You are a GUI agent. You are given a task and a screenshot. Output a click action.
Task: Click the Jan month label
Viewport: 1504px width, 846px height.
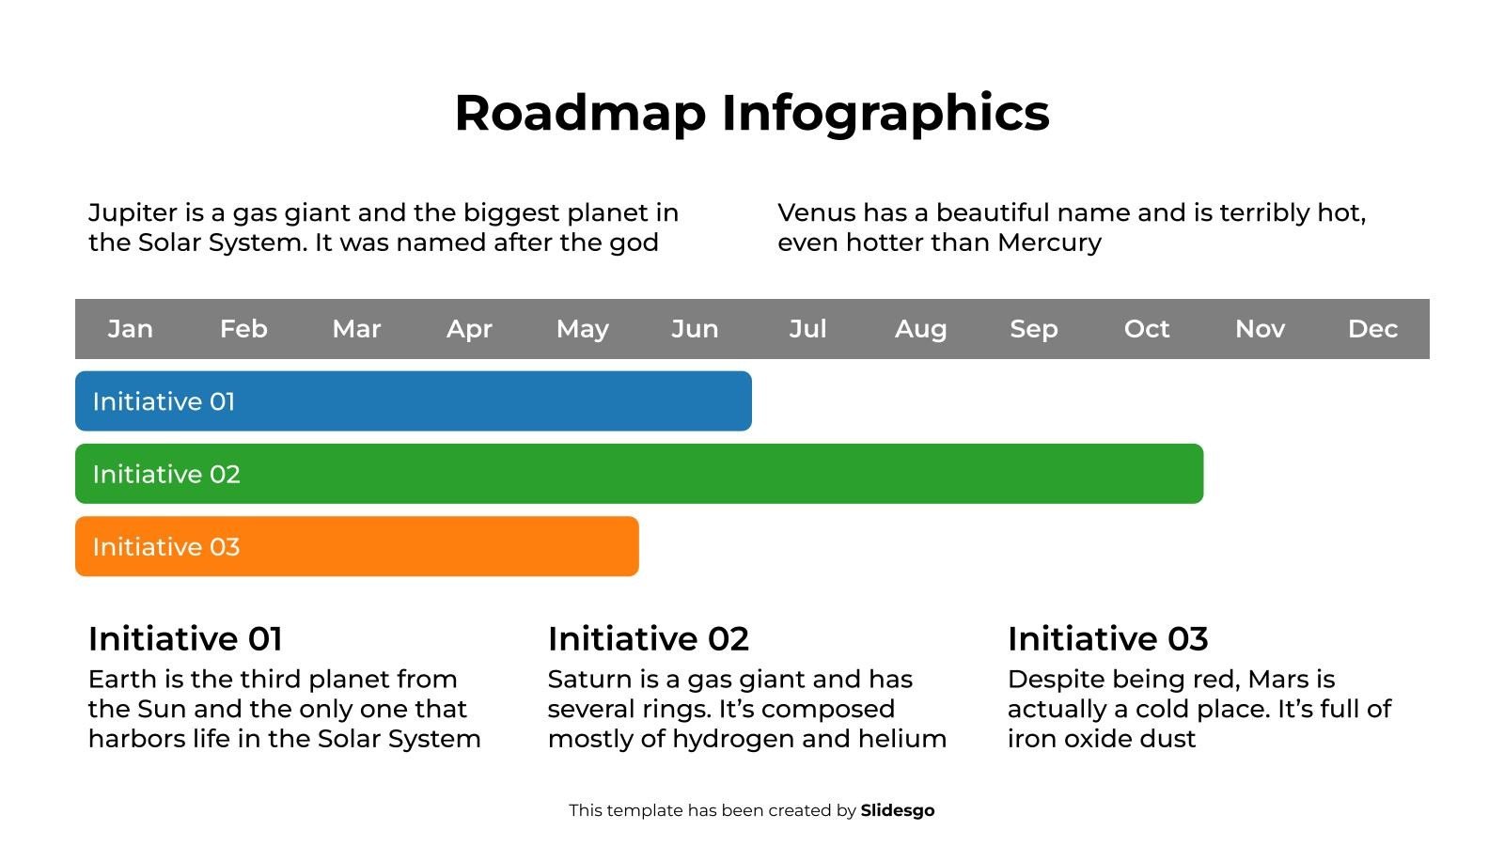[130, 329]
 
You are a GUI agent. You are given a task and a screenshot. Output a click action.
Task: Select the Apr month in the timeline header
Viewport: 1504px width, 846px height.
[469, 329]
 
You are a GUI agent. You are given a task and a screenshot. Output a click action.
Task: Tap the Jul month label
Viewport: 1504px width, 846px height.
[807, 329]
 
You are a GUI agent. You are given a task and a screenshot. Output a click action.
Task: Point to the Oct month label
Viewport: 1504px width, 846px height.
[1147, 329]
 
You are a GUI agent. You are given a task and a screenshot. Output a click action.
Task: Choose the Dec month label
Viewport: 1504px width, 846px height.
[1372, 329]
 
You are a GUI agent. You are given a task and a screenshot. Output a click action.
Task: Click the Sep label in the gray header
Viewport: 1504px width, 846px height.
[1034, 329]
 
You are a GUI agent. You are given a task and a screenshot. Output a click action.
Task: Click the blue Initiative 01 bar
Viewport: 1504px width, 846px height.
[414, 401]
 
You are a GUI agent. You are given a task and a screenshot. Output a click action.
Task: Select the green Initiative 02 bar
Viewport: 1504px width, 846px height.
[639, 474]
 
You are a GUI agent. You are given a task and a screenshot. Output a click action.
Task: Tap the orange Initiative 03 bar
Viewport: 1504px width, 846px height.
[357, 546]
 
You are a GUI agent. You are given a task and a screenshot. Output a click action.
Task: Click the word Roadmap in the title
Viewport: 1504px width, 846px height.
[580, 113]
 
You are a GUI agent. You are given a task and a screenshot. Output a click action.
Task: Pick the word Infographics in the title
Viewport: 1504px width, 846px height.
[885, 113]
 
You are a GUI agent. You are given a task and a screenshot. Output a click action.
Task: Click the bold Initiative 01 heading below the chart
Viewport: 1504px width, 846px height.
[185, 639]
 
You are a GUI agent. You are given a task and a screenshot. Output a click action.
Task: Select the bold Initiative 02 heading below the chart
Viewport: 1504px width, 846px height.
[649, 639]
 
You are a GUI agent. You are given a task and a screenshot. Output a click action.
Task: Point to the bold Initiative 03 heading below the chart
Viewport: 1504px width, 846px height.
[1107, 639]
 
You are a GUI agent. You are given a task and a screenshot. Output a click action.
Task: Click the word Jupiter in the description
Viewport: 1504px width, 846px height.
[133, 213]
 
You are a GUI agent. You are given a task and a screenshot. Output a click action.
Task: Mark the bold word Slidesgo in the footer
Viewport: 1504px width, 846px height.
[898, 810]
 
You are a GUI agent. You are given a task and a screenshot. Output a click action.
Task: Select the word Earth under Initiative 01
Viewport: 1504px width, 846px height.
[119, 680]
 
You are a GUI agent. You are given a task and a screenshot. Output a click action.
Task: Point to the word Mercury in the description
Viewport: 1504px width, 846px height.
[1049, 243]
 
